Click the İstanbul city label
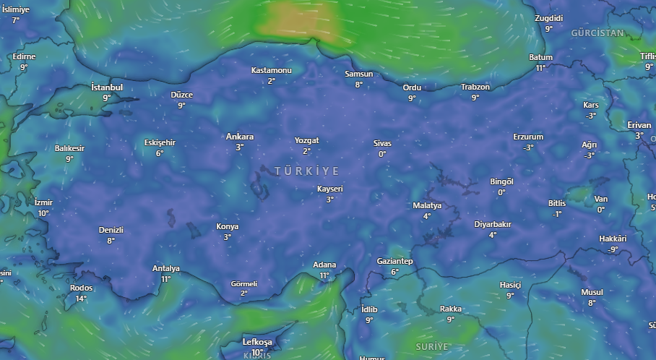pyautogui.click(x=107, y=87)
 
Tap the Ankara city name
pyautogui.click(x=239, y=137)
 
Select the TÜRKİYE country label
pyautogui.click(x=306, y=171)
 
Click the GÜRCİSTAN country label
pyautogui.click(x=597, y=33)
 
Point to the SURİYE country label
pyautogui.click(x=432, y=347)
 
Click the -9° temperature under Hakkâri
pyautogui.click(x=613, y=249)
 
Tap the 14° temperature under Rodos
pyautogui.click(x=81, y=298)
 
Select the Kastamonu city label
pyautogui.click(x=271, y=70)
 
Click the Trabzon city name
pyautogui.click(x=475, y=87)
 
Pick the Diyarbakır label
pyautogui.click(x=492, y=224)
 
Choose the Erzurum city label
pyautogui.click(x=527, y=137)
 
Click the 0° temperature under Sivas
pyautogui.click(x=382, y=153)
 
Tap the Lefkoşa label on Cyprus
pyautogui.click(x=257, y=342)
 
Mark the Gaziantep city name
pyautogui.click(x=394, y=261)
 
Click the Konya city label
pyautogui.click(x=227, y=226)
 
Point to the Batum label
pyautogui.click(x=540, y=57)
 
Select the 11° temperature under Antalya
pyautogui.click(x=165, y=279)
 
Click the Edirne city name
pyautogui.click(x=24, y=56)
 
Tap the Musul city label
pyautogui.click(x=592, y=292)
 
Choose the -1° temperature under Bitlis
pyautogui.click(x=556, y=214)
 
